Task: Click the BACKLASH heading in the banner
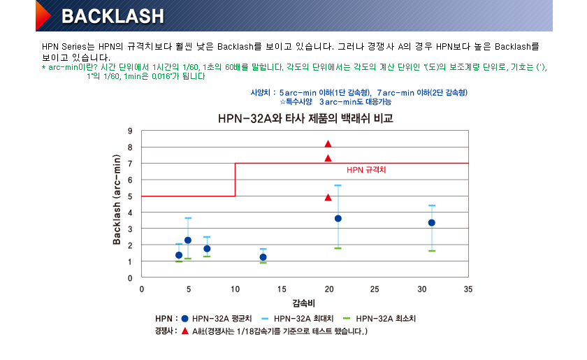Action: coord(113,16)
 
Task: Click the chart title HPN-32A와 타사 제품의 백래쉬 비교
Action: coord(304,119)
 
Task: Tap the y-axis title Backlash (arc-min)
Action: coord(117,200)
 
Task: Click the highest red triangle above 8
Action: coord(328,144)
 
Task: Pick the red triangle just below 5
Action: coord(328,197)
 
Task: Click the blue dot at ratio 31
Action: coord(431,223)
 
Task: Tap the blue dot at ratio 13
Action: coord(263,257)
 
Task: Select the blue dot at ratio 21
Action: coord(338,218)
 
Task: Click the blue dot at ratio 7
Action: coord(207,249)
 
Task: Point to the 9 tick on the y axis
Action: coord(130,131)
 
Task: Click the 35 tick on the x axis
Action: coord(468,289)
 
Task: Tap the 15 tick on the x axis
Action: coord(282,289)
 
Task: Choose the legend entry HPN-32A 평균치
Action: coord(213,318)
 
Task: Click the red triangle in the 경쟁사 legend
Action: coord(184,331)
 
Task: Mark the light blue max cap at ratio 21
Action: coord(338,185)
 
